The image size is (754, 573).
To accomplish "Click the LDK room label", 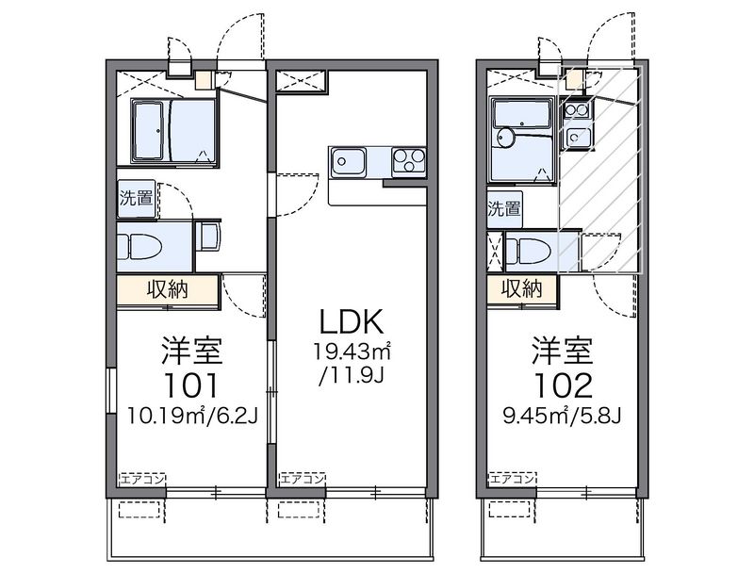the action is pyautogui.click(x=352, y=321).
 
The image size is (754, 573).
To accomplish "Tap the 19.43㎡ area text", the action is pyautogui.click(x=352, y=352).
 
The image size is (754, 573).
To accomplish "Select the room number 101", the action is pyautogui.click(x=191, y=385).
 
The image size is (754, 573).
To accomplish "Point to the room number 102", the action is pyautogui.click(x=562, y=385).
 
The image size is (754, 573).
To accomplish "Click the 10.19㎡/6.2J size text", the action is pyautogui.click(x=192, y=416).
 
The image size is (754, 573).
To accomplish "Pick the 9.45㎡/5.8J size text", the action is pyautogui.click(x=562, y=416).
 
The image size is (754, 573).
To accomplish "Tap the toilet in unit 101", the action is pyautogui.click(x=140, y=246).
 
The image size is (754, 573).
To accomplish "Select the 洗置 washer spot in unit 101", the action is pyautogui.click(x=137, y=198).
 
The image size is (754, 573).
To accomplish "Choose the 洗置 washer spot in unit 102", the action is pyautogui.click(x=504, y=209).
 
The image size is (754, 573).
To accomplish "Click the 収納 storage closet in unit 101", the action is pyautogui.click(x=168, y=290).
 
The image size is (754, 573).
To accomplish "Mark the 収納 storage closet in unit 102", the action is pyautogui.click(x=522, y=289).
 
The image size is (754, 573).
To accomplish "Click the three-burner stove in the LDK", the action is pyautogui.click(x=409, y=160).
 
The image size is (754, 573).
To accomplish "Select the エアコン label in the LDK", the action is pyautogui.click(x=303, y=479).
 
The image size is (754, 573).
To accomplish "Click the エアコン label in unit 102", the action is pyautogui.click(x=512, y=479).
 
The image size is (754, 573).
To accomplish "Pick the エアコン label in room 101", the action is pyautogui.click(x=142, y=479).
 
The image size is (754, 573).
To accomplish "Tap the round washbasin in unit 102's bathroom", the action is pyautogui.click(x=506, y=138).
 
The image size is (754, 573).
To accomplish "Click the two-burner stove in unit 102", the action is pyautogui.click(x=577, y=110).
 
